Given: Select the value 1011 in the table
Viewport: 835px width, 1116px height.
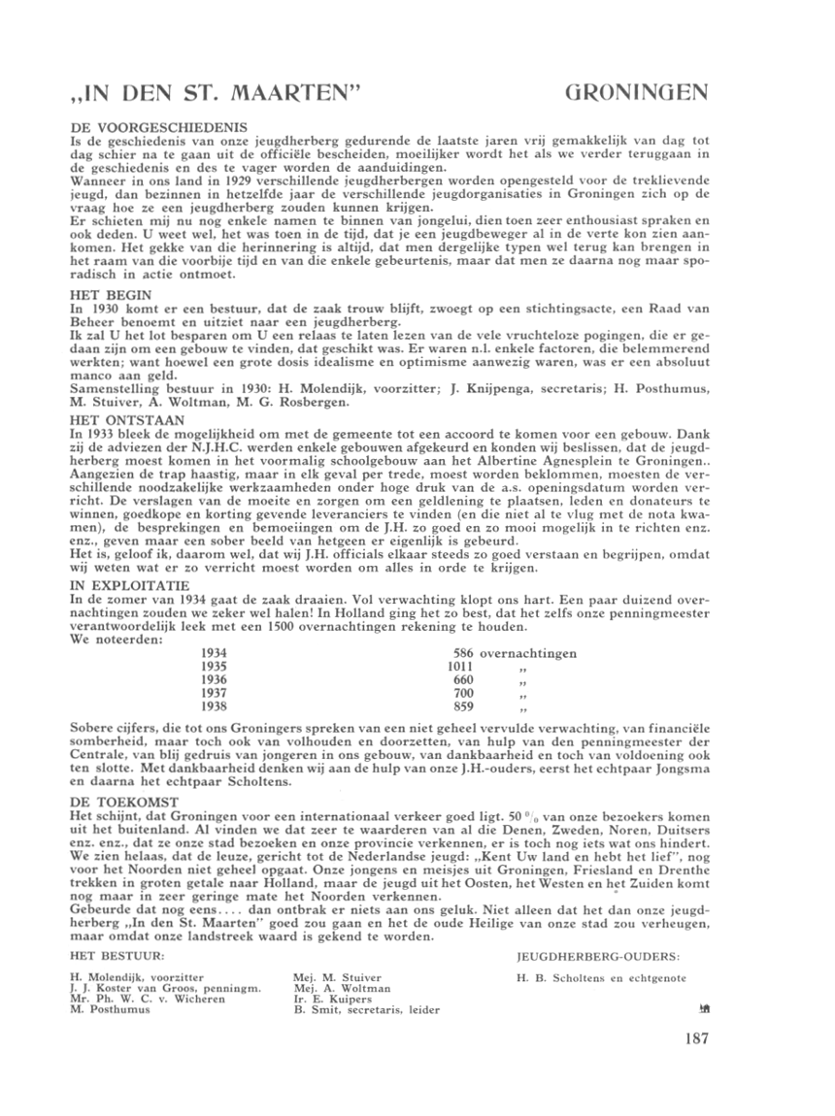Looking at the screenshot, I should (x=461, y=667).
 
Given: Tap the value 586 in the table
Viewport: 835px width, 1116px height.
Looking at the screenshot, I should (x=464, y=653).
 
